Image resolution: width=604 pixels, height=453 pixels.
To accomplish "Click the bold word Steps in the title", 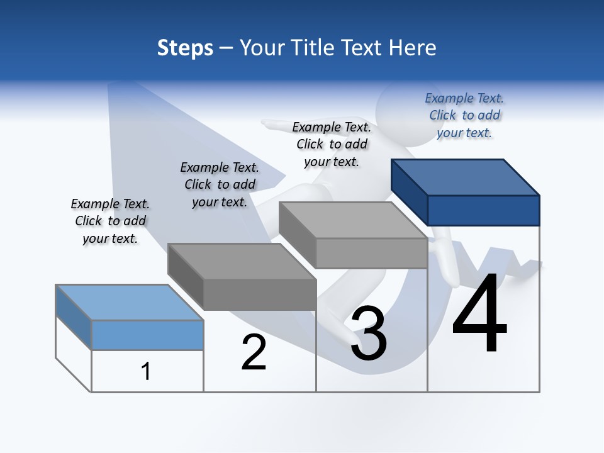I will [x=185, y=48].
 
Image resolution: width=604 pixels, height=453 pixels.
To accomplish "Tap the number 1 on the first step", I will [x=146, y=371].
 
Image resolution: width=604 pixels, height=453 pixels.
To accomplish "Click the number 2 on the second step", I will [x=254, y=352].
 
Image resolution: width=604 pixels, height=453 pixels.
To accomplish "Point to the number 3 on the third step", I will [x=369, y=333].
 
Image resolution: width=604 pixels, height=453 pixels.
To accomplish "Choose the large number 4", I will [x=479, y=313].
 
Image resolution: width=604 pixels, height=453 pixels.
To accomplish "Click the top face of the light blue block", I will [x=129, y=302].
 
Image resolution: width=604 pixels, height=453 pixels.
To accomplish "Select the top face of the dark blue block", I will [x=466, y=177].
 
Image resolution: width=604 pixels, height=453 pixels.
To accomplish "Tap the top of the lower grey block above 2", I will [x=242, y=260].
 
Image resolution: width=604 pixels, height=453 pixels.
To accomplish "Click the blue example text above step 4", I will [x=465, y=115].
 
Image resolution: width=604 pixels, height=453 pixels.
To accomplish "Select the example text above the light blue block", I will [x=110, y=221].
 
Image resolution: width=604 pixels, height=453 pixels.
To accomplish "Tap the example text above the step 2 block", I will [x=220, y=184].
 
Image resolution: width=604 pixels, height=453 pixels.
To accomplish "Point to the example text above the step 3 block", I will [x=332, y=144].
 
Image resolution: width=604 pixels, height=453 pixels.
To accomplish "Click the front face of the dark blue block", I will [x=483, y=210].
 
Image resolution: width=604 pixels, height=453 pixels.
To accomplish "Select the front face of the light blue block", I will [x=147, y=335].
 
